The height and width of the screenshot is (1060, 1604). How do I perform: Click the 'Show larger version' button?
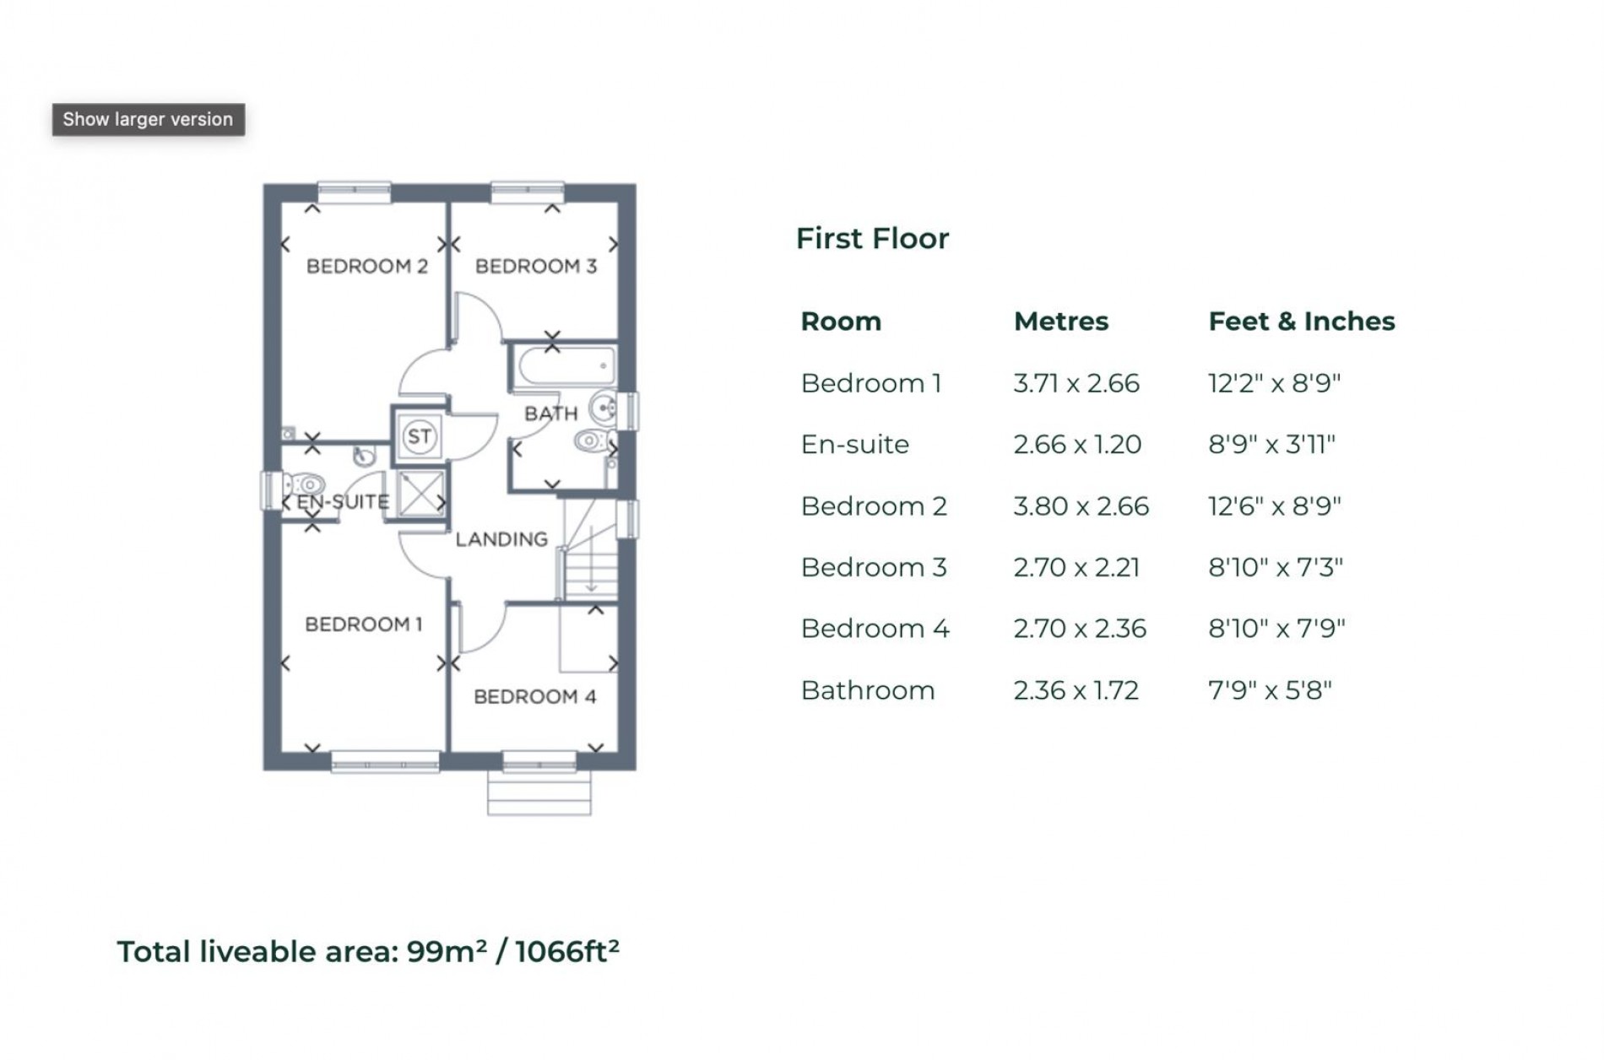click(148, 120)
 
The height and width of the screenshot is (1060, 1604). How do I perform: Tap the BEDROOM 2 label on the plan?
click(367, 267)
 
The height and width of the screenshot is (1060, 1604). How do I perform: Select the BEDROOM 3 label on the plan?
click(536, 267)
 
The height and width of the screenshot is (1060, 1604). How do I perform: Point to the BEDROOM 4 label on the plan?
click(534, 697)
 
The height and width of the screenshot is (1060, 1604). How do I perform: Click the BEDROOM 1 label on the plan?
click(363, 625)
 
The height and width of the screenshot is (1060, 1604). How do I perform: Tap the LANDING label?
click(501, 539)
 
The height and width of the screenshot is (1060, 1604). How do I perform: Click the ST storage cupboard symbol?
click(420, 436)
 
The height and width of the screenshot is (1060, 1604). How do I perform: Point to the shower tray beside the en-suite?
click(420, 494)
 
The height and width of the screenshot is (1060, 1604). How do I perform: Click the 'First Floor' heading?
click(872, 239)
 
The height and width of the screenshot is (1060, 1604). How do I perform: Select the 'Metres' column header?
click(1060, 322)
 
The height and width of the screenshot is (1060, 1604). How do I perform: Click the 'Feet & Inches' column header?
click(1301, 322)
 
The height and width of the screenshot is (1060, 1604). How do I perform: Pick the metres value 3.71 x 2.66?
click(1076, 384)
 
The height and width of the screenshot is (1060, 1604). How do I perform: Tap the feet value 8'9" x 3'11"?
click(1271, 445)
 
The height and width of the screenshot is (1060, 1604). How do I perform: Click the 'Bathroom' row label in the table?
click(867, 691)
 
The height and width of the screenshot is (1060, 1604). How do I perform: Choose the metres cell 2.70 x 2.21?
click(1076, 568)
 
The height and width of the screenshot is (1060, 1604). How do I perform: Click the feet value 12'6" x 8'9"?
click(1274, 506)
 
